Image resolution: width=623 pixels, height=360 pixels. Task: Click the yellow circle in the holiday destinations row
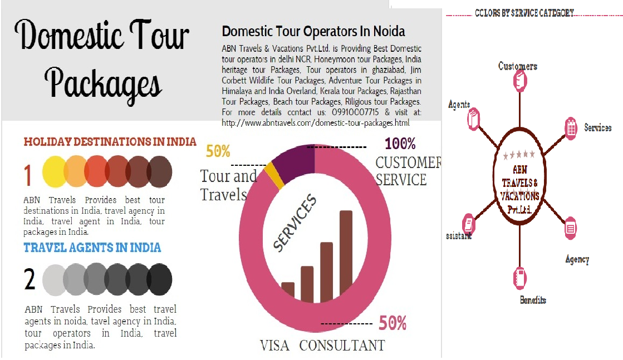(x=54, y=171)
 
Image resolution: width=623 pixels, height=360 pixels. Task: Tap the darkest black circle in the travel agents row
(x=159, y=280)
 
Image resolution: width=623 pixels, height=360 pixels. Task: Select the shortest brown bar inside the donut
(x=288, y=290)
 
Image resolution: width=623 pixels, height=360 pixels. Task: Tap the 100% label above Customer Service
(x=400, y=144)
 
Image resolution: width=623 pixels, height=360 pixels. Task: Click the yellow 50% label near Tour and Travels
(x=218, y=151)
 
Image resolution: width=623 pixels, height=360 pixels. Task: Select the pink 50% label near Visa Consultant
(x=392, y=323)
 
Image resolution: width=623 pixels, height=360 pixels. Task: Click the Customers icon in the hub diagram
(x=518, y=83)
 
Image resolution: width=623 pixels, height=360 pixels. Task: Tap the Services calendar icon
(x=571, y=127)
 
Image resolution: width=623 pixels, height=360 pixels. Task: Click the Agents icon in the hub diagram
(x=474, y=119)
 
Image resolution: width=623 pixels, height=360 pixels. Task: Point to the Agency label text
(x=577, y=259)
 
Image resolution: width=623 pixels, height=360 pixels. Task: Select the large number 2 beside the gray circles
(x=30, y=279)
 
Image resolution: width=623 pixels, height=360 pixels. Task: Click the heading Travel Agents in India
(x=92, y=247)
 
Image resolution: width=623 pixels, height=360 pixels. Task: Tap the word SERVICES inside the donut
(x=295, y=223)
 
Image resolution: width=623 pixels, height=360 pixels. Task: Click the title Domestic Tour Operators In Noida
(x=313, y=31)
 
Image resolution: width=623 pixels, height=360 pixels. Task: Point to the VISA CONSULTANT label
(x=322, y=346)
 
